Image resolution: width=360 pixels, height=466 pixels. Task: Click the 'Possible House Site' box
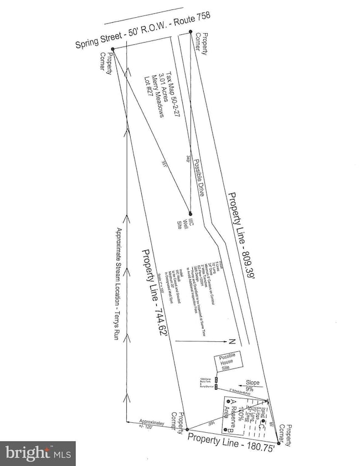click(x=232, y=362)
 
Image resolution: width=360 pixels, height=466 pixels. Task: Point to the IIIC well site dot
click(x=190, y=213)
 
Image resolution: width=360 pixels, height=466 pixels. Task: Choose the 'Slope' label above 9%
click(x=253, y=382)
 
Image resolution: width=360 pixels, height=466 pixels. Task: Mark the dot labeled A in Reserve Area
click(x=228, y=401)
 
